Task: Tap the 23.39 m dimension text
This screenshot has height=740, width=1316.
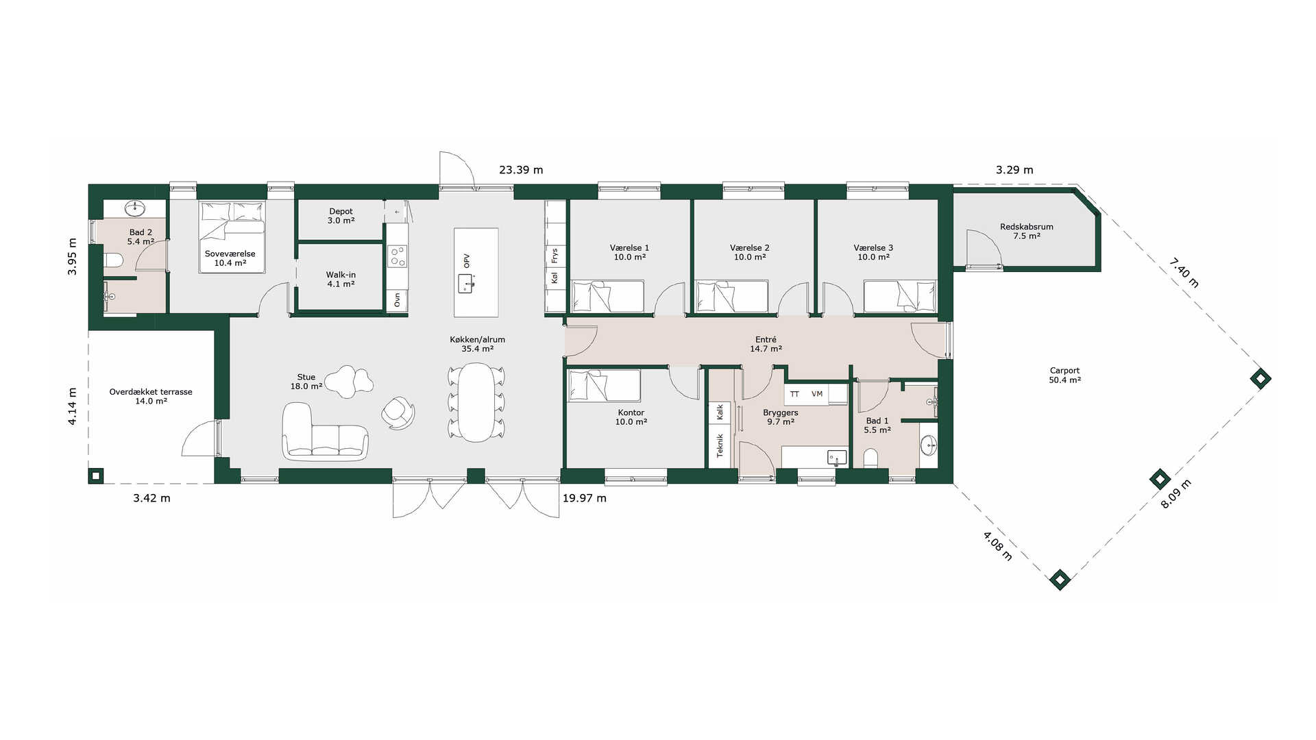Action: point(521,170)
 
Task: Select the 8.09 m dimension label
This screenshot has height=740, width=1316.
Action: point(1175,494)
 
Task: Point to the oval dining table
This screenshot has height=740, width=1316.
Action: point(476,402)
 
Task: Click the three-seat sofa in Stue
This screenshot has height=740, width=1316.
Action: point(325,432)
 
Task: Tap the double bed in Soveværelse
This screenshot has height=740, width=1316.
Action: point(232,237)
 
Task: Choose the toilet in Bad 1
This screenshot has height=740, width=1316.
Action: point(870,458)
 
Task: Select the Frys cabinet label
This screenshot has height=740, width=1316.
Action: point(555,256)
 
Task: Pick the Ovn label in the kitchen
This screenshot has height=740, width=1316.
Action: point(397,300)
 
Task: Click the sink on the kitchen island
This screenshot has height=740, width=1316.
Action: point(467,283)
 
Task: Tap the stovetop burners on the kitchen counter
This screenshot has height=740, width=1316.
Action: point(398,256)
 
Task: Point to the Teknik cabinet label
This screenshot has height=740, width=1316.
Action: point(720,445)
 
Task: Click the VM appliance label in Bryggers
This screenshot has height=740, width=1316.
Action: point(817,394)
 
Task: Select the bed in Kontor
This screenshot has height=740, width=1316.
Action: point(605,386)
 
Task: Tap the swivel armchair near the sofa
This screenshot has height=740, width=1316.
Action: point(399,413)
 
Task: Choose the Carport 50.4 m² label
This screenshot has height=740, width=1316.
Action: point(1064,375)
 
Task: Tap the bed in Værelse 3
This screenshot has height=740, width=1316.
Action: point(899,296)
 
